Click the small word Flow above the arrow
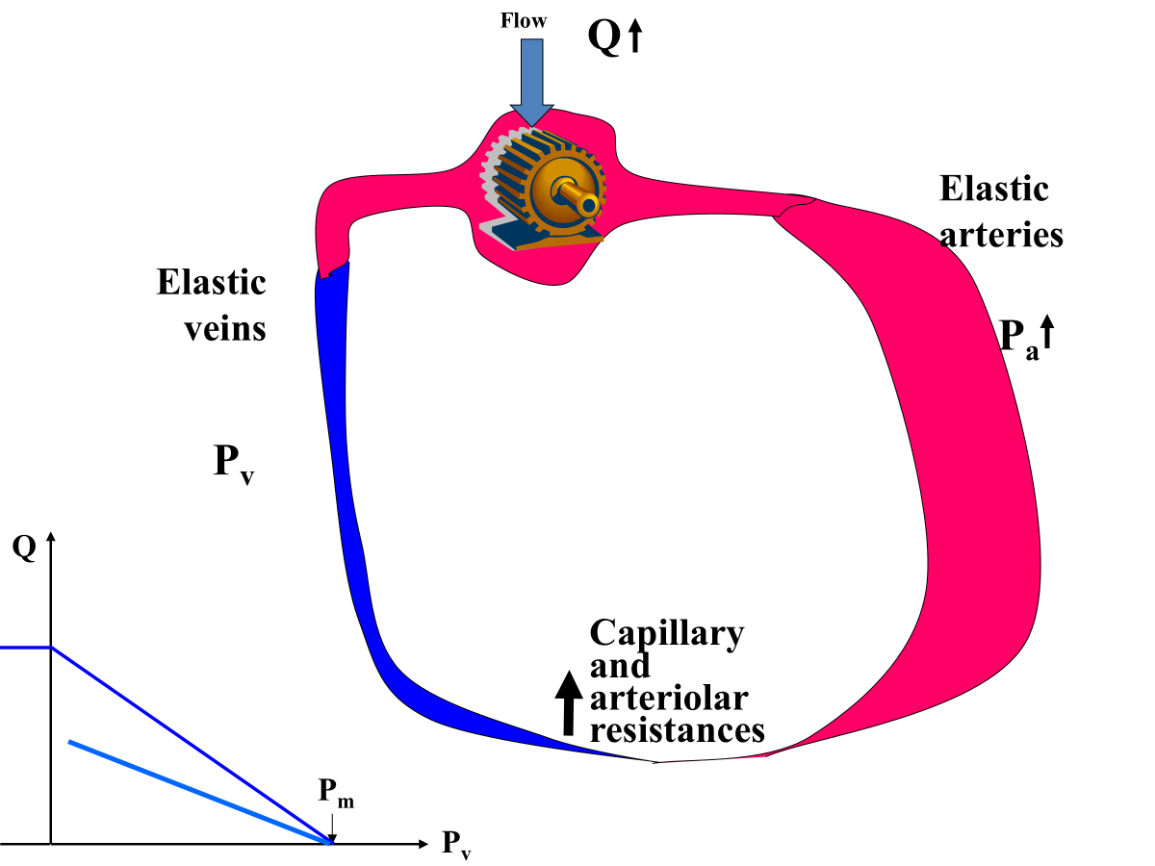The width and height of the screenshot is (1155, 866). point(524,20)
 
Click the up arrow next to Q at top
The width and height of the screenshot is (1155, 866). point(635,38)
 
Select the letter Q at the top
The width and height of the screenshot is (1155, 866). point(604,38)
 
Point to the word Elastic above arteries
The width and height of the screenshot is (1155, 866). point(993,189)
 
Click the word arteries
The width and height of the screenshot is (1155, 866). point(1001,235)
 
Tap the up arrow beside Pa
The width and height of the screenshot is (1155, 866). point(1048,333)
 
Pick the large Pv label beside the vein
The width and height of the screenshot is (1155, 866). point(233,464)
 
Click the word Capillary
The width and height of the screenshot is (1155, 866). point(666,634)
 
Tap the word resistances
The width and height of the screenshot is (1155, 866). point(677,729)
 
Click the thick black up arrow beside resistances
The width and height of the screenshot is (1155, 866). point(569,702)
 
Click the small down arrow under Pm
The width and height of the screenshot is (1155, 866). point(330,826)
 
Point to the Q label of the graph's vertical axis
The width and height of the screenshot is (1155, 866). point(24,548)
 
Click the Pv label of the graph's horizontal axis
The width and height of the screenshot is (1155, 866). point(456,845)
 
